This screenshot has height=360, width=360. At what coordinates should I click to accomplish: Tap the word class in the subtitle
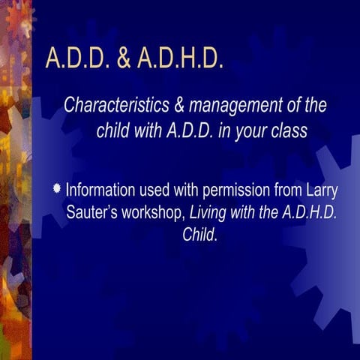click(286, 131)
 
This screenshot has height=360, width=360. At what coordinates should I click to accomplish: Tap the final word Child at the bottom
click(200, 235)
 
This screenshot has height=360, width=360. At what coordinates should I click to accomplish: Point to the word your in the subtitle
click(251, 131)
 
